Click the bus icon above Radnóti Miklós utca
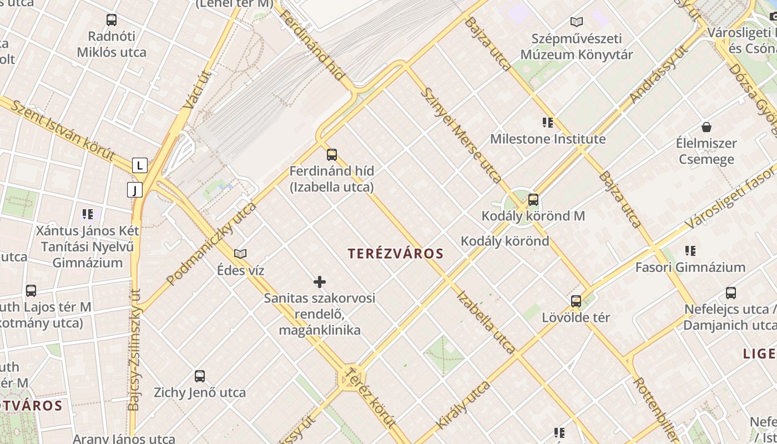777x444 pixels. (x=112, y=20)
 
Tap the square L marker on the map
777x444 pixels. (x=140, y=165)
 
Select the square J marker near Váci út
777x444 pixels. (x=135, y=190)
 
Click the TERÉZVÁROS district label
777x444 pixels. (x=396, y=254)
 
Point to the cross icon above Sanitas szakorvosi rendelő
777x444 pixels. (x=320, y=282)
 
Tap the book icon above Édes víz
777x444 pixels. (x=240, y=254)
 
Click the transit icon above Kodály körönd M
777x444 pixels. (x=533, y=199)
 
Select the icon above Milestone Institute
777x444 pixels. (x=548, y=123)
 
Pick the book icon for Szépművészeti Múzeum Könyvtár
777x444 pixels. (x=577, y=22)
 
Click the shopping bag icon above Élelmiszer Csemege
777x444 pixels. (x=707, y=127)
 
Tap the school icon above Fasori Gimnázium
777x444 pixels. (x=690, y=251)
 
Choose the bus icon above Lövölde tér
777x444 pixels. (x=576, y=301)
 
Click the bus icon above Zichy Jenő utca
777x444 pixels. (x=200, y=376)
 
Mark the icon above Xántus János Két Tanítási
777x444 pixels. (x=87, y=214)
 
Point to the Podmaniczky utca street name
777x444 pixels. (x=211, y=243)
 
